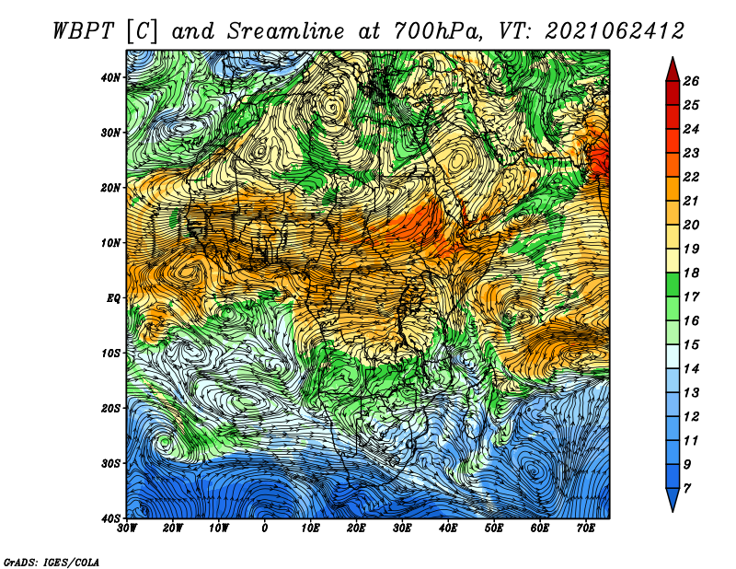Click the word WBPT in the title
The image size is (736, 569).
pyautogui.click(x=84, y=31)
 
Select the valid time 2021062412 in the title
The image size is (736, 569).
pyautogui.click(x=615, y=31)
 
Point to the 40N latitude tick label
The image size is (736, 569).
pyautogui.click(x=111, y=77)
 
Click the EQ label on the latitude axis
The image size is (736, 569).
pyautogui.click(x=113, y=298)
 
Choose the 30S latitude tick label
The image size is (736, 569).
pyautogui.click(x=111, y=463)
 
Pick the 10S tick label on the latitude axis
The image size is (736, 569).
pyautogui.click(x=111, y=353)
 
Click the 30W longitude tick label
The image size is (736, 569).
pyautogui.click(x=127, y=528)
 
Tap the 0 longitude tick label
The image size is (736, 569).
pyautogui.click(x=265, y=528)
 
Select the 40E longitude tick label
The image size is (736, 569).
pyautogui.click(x=448, y=528)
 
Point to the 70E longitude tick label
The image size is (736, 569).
pyautogui.click(x=586, y=528)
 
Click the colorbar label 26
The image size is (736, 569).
pyautogui.click(x=691, y=81)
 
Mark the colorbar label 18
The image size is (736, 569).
pyautogui.click(x=691, y=273)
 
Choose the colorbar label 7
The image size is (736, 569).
pyautogui.click(x=687, y=489)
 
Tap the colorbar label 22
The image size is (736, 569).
pyautogui.click(x=691, y=177)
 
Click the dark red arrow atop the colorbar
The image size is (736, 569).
pyautogui.click(x=673, y=70)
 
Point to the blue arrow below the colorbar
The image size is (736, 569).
pyautogui.click(x=673, y=500)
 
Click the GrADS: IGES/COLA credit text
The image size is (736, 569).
pyautogui.click(x=52, y=562)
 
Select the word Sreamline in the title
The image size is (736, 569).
pyautogui.click(x=286, y=31)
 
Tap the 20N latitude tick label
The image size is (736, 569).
pyautogui.click(x=111, y=188)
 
